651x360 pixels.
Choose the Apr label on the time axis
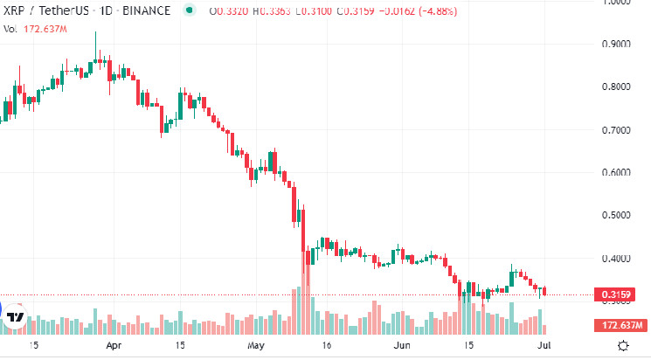tap(113, 345)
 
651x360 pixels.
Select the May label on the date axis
tap(255, 345)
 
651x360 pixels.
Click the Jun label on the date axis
tap(403, 345)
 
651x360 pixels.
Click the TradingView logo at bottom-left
tap(15, 318)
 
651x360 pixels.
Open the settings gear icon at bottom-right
tap(622, 345)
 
